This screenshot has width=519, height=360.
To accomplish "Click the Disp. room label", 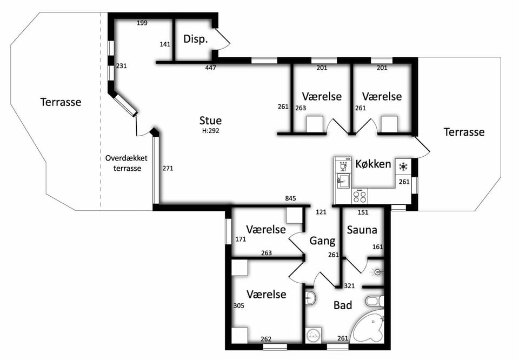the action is tap(196, 39).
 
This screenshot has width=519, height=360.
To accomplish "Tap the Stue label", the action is tap(210, 121).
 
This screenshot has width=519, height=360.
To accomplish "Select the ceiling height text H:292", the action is tap(210, 131).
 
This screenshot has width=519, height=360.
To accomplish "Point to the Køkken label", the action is tap(373, 164).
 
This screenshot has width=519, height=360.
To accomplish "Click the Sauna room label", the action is tap(362, 230).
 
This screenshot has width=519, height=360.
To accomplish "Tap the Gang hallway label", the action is tap(322, 241).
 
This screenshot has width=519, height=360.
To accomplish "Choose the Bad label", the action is tap(343, 305).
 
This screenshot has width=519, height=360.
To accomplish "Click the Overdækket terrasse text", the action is tap(127, 163).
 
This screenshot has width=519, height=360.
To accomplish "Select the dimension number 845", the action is tap(291, 198).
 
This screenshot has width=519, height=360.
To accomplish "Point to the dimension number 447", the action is tap(210, 68).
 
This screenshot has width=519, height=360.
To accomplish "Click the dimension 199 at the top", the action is tap(142, 23).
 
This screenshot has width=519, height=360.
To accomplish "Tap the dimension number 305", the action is tap(238, 306).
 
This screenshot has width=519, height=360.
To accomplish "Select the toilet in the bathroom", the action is tap(375, 302).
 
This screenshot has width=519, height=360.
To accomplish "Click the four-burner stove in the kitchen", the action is tap(360, 197).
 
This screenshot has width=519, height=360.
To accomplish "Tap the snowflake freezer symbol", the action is tap(403, 167).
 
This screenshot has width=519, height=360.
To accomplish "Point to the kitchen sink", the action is tap(343, 181).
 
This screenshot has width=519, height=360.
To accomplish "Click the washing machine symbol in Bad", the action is tap(312, 336).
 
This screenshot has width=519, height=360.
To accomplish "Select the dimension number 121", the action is tap(321, 212).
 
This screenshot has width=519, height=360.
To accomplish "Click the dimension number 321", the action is tap(349, 286).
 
